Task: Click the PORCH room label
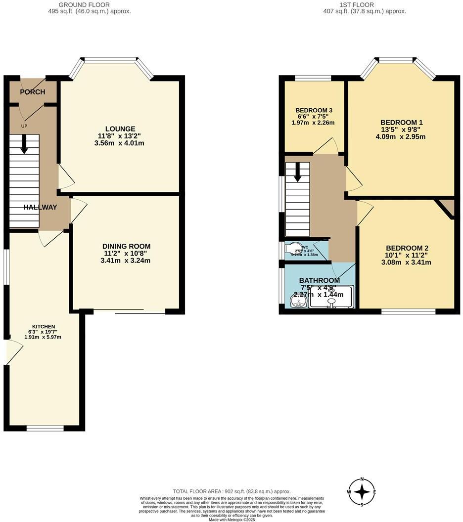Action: click(x=33, y=92)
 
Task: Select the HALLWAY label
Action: click(x=40, y=208)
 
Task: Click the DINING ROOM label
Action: click(x=126, y=246)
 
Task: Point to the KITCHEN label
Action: click(x=44, y=327)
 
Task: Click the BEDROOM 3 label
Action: click(x=314, y=110)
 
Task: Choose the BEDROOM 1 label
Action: click(x=401, y=122)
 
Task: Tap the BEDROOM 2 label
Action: click(x=407, y=248)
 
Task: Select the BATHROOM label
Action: click(x=319, y=281)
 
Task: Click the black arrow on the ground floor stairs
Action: click(x=23, y=145)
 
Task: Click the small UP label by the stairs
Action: click(x=24, y=126)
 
